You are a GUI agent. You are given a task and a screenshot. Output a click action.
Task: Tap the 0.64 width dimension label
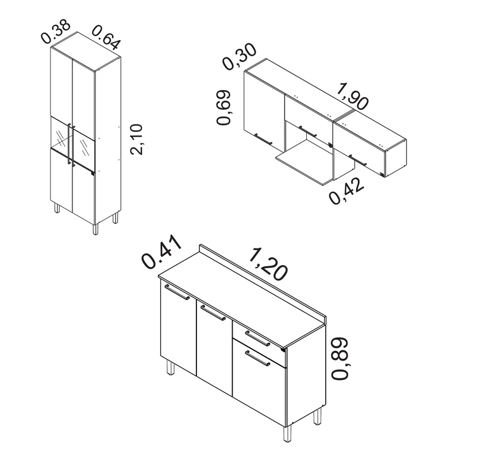106,37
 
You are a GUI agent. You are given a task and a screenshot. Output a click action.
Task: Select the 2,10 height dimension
136,139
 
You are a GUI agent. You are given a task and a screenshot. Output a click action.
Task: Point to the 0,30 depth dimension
240,56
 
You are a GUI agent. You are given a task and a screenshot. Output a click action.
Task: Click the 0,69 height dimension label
223,107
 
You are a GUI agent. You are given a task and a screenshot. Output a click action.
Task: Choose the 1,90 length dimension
353,96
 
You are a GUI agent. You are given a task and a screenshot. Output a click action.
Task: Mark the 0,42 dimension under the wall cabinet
346,191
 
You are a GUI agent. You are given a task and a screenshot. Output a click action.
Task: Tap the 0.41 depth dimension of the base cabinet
161,251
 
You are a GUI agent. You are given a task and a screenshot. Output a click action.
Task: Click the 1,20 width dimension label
268,264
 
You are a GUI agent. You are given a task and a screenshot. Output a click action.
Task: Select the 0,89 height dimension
340,359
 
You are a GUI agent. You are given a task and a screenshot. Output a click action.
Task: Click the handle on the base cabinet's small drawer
257,339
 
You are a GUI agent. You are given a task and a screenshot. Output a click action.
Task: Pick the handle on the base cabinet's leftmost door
177,292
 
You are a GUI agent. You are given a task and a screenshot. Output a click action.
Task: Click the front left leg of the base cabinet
170,368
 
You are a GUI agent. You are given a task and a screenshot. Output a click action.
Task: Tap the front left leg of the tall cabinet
57,207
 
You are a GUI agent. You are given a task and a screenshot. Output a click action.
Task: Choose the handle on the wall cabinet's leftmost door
263,139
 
